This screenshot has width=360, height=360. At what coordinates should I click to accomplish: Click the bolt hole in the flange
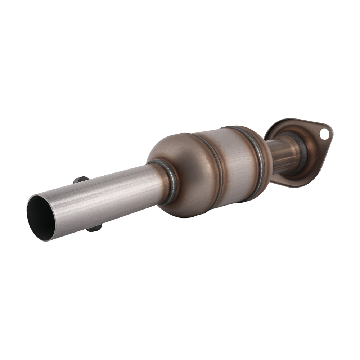click(x=324, y=134)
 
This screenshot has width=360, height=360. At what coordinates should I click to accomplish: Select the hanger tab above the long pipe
click(x=81, y=179)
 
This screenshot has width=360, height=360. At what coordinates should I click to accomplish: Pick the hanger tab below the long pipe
click(x=94, y=228)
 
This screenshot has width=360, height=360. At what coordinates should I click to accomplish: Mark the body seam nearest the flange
click(x=256, y=158)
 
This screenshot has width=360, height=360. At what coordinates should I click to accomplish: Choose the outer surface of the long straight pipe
click(x=108, y=202)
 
